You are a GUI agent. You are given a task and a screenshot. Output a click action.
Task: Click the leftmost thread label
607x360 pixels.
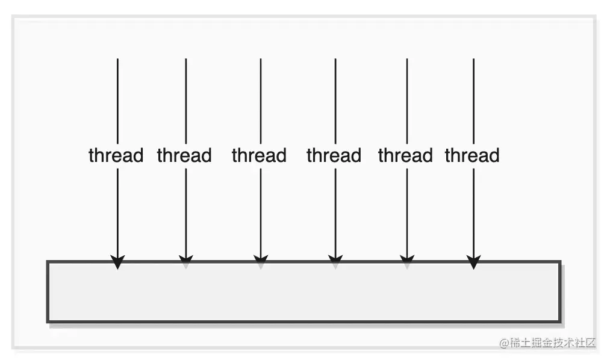[116, 155]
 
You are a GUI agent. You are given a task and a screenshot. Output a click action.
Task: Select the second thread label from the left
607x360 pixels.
[184, 155]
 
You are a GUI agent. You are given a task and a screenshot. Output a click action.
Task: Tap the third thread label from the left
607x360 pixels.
[259, 155]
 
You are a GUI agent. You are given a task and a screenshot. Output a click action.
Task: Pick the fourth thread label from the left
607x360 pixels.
[334, 155]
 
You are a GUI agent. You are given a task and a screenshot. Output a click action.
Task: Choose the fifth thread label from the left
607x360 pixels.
[405, 155]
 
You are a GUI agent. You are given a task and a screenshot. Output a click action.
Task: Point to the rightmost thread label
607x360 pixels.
[472, 155]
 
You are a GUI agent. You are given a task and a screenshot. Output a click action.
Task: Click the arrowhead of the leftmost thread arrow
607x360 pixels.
[117, 262]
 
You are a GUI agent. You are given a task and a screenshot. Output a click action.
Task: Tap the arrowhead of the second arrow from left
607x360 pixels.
[185, 262]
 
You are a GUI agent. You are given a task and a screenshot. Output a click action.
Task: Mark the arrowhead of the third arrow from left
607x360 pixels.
[260, 262]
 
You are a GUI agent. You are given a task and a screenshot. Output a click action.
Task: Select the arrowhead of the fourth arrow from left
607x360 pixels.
[335, 262]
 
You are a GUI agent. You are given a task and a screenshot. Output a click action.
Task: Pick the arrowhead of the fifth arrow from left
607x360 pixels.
[407, 262]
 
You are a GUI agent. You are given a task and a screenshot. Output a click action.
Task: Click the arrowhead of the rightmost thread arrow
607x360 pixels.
[474, 262]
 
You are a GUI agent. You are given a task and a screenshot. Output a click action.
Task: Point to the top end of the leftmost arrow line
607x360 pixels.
[117, 60]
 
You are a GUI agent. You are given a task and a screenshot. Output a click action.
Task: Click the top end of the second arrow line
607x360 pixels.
[185, 60]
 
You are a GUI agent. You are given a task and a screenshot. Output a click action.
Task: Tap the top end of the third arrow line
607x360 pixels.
[260, 60]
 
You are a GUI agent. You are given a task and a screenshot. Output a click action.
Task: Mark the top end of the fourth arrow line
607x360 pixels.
[335, 60]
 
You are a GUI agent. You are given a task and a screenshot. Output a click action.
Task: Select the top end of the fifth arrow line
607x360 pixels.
[407, 60]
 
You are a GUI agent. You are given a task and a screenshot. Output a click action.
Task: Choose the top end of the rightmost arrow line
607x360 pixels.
[474, 60]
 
